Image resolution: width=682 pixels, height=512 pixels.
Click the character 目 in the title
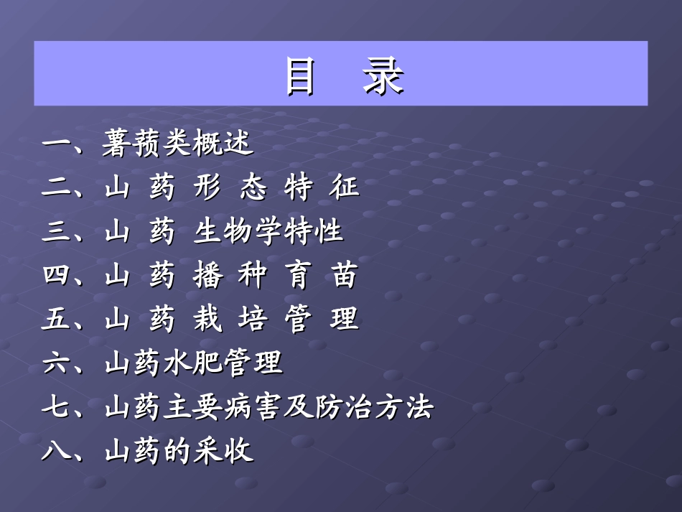pyautogui.click(x=299, y=75)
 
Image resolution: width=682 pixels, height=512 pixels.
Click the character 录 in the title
pyautogui.click(x=383, y=75)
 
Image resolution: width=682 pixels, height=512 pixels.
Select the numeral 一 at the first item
pyautogui.click(x=55, y=144)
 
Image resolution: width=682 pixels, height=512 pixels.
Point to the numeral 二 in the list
pyautogui.click(x=55, y=188)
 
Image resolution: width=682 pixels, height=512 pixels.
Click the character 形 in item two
pyautogui.click(x=206, y=188)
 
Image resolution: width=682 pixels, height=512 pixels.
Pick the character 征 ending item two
pyautogui.click(x=344, y=188)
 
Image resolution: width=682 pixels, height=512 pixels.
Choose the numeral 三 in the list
pyautogui.click(x=55, y=232)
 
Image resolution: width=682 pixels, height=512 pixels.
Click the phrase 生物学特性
pyautogui.click(x=268, y=231)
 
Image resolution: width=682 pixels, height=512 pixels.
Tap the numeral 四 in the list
pyautogui.click(x=55, y=276)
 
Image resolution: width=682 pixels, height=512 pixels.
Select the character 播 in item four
pyautogui.click(x=206, y=276)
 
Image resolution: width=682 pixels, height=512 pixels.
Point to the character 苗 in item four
pyautogui.click(x=344, y=276)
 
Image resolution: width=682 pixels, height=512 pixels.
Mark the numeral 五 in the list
pyautogui.click(x=55, y=320)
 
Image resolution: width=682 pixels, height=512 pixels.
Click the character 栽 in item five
pyautogui.click(x=206, y=320)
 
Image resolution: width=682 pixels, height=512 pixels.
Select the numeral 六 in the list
pyautogui.click(x=55, y=363)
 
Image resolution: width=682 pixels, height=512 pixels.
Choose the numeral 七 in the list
pyautogui.click(x=55, y=408)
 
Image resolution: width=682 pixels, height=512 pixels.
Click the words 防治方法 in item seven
pyautogui.click(x=374, y=408)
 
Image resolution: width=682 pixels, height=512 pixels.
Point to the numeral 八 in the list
pyautogui.click(x=55, y=452)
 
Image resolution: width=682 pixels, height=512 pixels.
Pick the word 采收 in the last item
pyautogui.click(x=223, y=452)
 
